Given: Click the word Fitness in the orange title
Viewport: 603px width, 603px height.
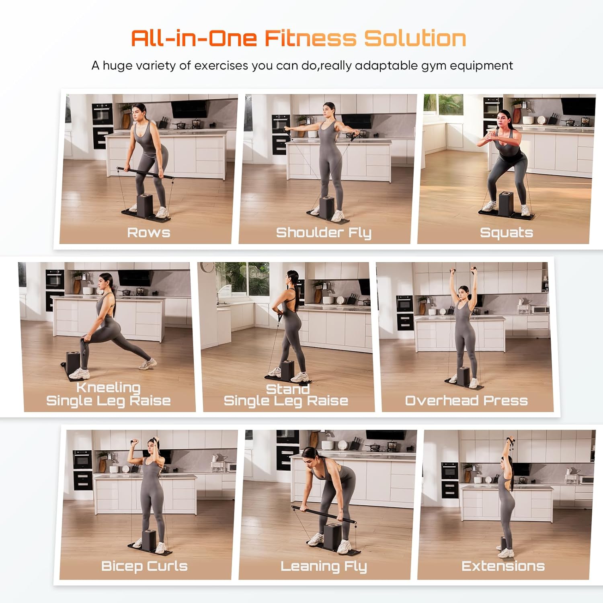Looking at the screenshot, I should (310, 39).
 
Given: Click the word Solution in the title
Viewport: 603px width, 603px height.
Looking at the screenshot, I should (415, 39).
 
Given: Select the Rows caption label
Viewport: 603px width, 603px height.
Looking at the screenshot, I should (148, 232).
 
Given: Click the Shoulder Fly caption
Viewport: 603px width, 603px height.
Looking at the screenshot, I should (324, 232).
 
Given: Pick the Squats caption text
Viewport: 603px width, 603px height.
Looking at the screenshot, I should (506, 232).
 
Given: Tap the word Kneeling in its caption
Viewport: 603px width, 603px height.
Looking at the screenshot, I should (108, 387).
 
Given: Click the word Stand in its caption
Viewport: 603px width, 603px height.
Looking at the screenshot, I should (288, 389).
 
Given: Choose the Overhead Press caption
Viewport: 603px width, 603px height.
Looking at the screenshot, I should (466, 400).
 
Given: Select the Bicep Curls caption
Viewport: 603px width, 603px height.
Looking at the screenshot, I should (144, 566).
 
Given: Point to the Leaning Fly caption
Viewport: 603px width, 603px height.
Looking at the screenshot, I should (324, 566).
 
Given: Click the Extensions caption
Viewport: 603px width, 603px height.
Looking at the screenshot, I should (503, 566).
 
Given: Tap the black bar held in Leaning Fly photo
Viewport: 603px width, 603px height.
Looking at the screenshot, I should (324, 515).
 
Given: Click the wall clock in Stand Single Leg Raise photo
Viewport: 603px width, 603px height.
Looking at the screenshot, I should (207, 267).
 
